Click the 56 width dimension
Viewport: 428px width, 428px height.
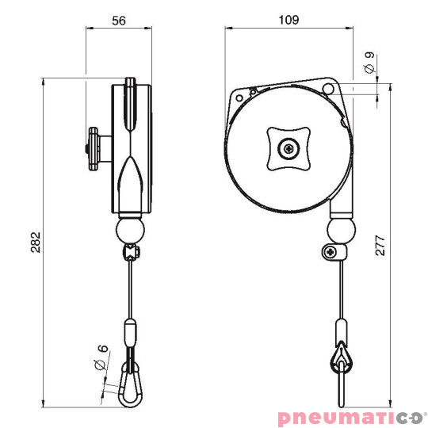(120, 22)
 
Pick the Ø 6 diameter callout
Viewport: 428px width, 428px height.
(100, 359)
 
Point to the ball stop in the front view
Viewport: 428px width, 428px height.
(342, 232)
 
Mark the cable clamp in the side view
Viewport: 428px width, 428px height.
(130, 253)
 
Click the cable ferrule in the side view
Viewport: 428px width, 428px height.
(129, 332)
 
